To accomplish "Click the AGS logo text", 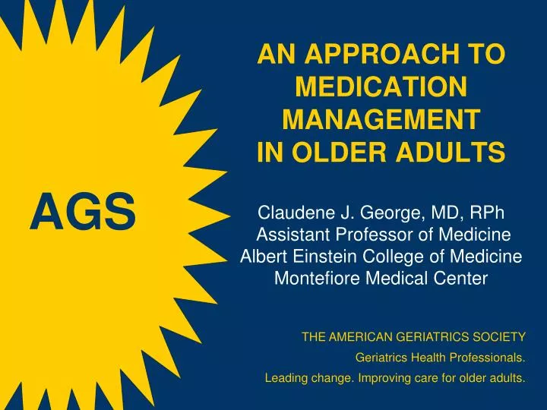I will point(83,211).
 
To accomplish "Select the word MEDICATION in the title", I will point(381,88).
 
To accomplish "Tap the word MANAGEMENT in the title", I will point(381,121).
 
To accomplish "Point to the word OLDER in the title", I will point(340,153).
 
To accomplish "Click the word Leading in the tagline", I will point(283,379).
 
